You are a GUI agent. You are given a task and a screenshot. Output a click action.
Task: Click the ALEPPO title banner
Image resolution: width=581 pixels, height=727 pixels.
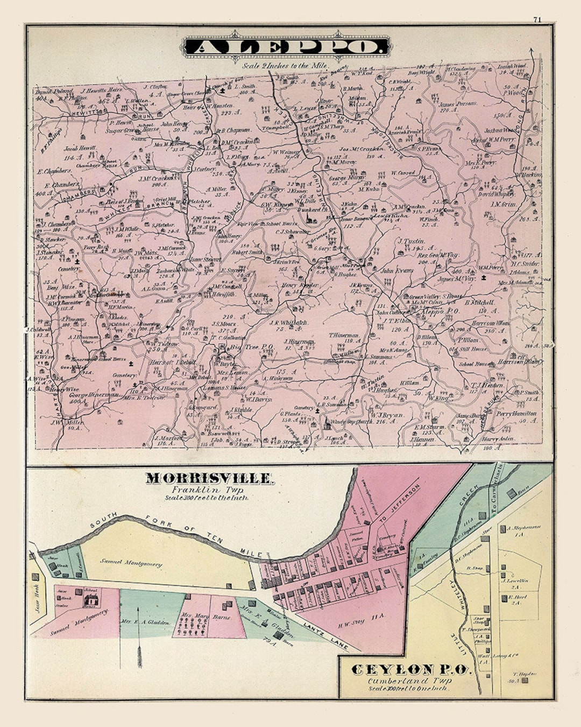[287, 47]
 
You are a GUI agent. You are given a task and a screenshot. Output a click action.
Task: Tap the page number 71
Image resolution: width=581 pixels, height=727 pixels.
[537, 19]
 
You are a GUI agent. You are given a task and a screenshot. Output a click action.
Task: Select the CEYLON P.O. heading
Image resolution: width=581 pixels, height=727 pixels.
[411, 670]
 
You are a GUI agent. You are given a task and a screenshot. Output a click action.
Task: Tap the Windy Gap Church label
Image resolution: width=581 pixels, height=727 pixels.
[351, 422]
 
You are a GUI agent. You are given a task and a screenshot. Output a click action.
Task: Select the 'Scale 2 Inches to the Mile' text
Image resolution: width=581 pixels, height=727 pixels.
[285, 66]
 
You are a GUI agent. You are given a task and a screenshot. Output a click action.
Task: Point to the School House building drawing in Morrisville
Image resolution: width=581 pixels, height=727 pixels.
[91, 597]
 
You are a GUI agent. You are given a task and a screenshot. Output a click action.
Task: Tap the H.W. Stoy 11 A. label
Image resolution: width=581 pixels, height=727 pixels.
[352, 622]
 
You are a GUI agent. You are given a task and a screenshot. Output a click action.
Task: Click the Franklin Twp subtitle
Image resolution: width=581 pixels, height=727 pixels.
[207, 490]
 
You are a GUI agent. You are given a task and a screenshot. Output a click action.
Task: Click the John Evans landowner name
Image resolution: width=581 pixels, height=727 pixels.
[397, 271]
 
